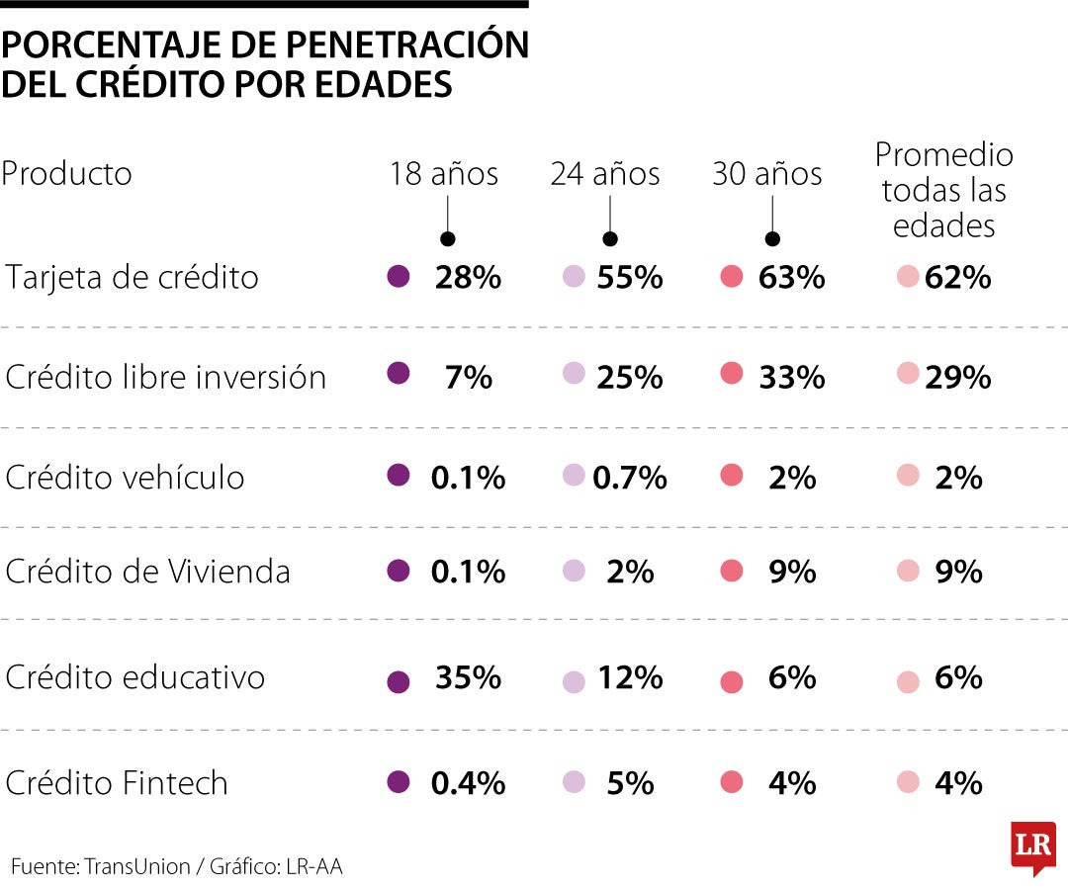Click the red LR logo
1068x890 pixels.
coord(1032,846)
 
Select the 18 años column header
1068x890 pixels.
coord(443,174)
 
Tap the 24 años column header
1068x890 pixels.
coord(605,174)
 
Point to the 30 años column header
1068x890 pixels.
coord(767,174)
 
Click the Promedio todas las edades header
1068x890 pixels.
coord(943,190)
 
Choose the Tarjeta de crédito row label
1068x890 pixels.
coord(133,277)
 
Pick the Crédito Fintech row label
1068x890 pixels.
coord(117,782)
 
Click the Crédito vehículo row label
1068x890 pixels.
coord(125,477)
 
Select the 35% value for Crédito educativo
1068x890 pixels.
coord(468,678)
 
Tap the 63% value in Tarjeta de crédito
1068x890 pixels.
coord(791,277)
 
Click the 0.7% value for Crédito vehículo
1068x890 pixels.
coord(630,478)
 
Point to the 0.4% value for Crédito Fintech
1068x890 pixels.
coord(468,783)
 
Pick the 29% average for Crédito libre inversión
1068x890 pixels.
coord(957,377)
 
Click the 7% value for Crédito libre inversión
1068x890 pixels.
coord(468,377)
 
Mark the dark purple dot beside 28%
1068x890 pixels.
coord(399,277)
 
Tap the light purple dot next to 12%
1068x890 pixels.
coord(574,681)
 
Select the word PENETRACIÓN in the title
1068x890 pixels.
coord(407,45)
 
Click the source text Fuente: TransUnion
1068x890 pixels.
coord(101,866)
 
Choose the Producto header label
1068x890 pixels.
coord(66,174)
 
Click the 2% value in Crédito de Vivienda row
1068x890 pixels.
coord(630,572)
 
